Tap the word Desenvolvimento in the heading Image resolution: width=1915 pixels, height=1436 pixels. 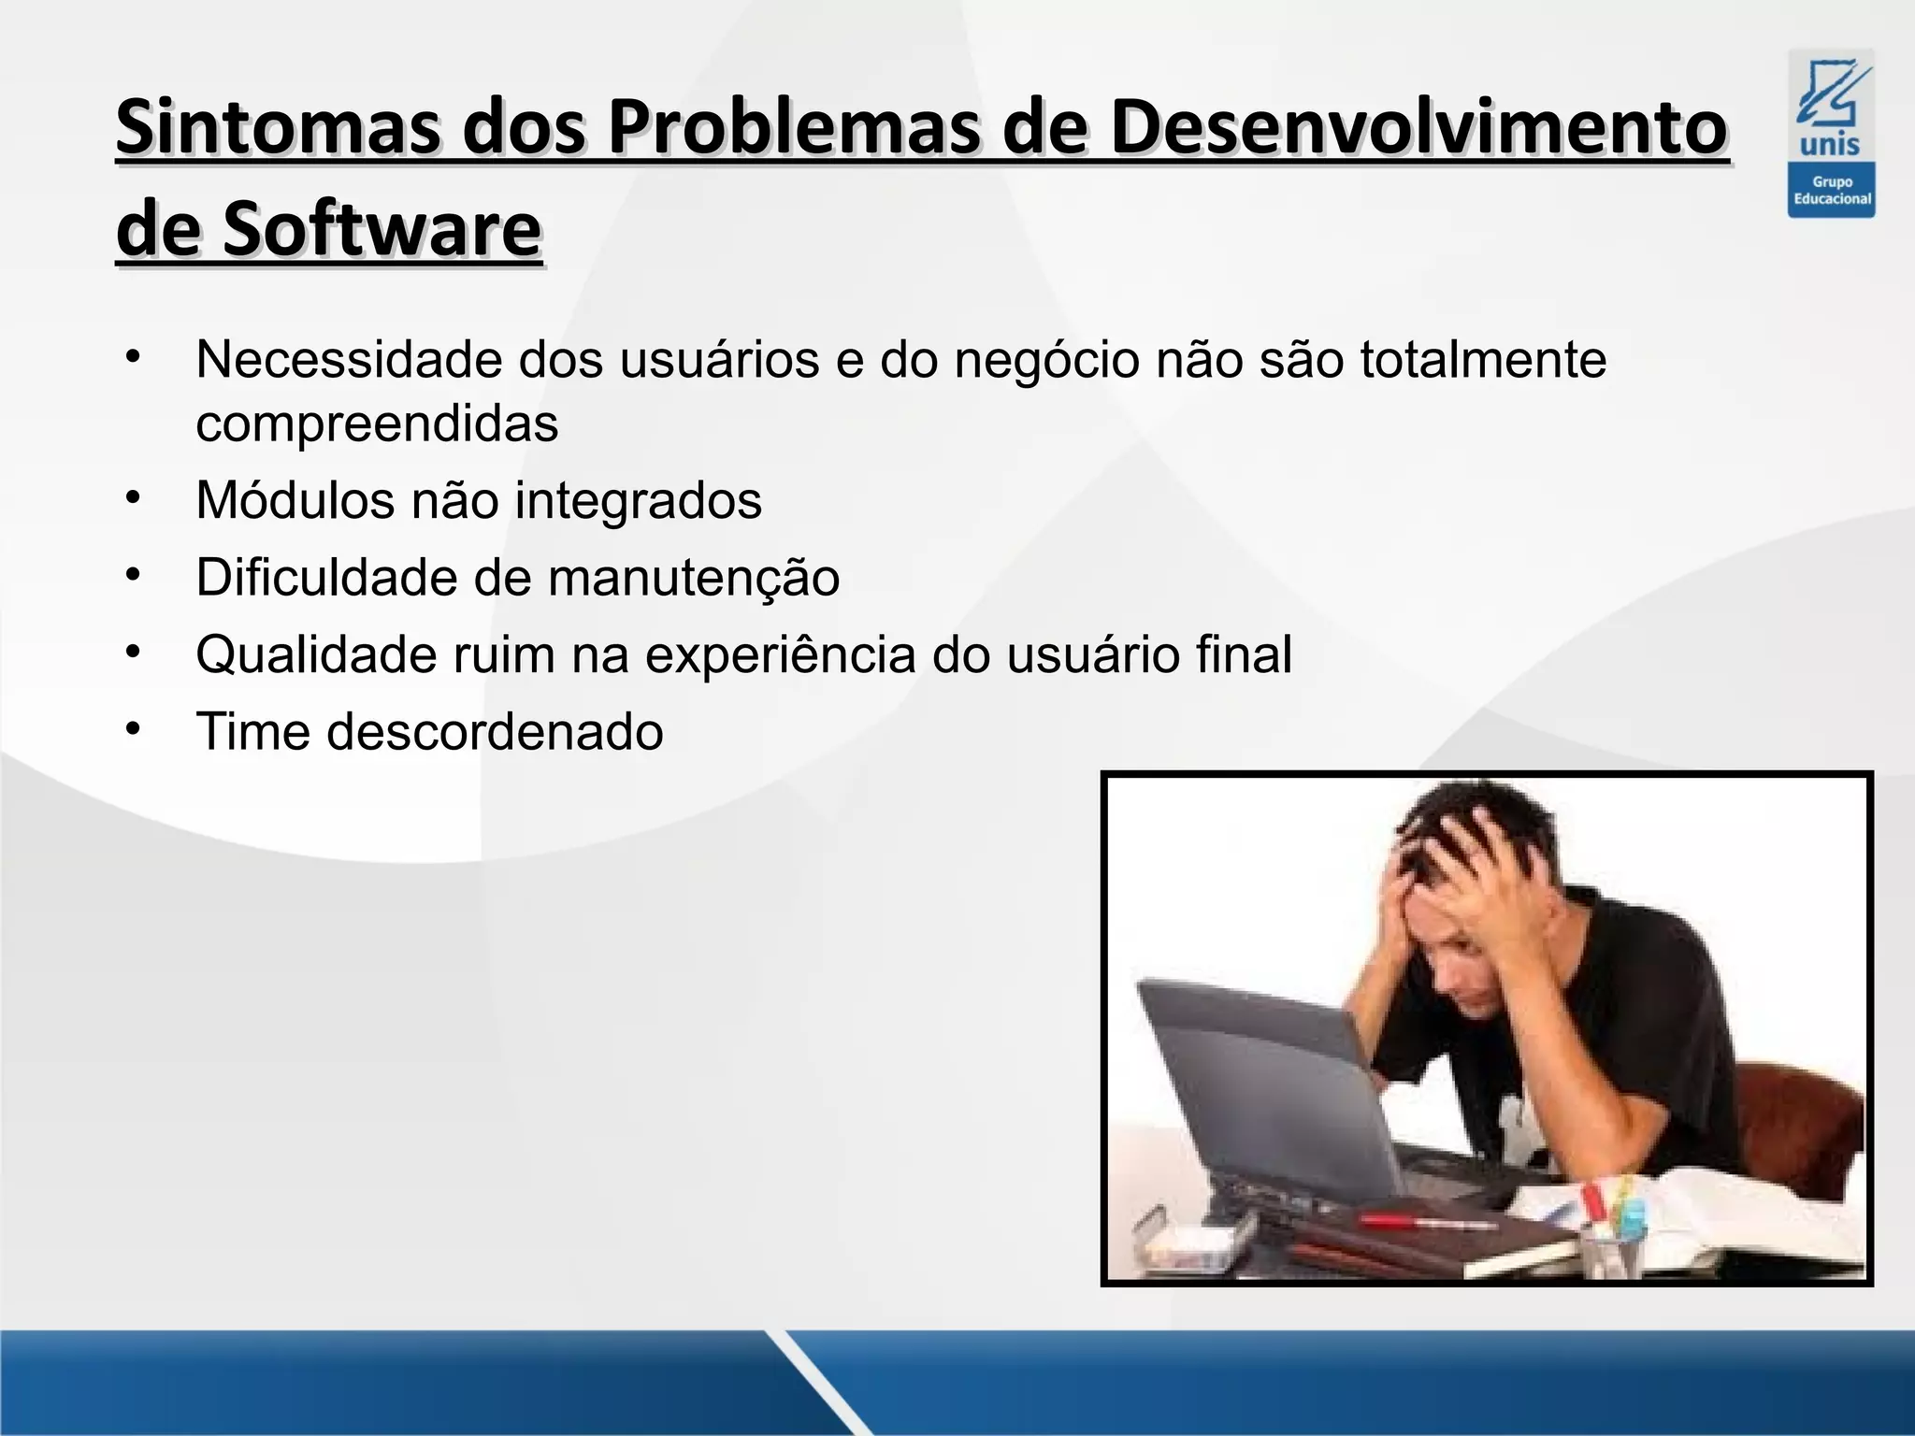click(x=1418, y=127)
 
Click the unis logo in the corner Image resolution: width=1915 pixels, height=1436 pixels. click(x=1831, y=133)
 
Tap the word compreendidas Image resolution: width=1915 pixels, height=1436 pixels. click(x=377, y=424)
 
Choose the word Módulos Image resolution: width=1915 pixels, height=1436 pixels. click(x=295, y=500)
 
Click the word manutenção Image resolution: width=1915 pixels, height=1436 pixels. click(x=694, y=578)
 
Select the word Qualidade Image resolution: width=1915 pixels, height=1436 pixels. click(x=316, y=654)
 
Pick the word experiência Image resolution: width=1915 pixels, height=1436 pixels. click(x=781, y=654)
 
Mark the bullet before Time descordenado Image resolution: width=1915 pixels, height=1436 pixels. click(x=134, y=729)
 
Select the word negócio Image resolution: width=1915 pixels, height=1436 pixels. click(x=1046, y=360)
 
